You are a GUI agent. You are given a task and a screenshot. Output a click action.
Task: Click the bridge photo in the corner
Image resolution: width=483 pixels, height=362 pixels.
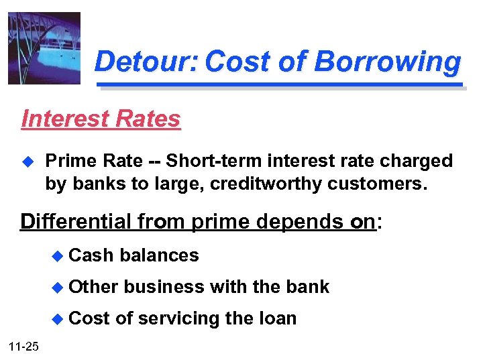point(44,48)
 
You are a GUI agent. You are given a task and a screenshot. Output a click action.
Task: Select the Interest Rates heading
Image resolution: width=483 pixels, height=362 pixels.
point(101,119)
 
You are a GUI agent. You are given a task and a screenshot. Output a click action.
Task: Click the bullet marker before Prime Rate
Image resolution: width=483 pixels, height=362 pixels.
point(28,162)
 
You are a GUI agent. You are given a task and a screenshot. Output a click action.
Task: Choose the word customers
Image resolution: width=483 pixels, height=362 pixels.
point(377,183)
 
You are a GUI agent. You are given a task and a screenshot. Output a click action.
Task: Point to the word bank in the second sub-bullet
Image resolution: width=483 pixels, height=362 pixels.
point(308,287)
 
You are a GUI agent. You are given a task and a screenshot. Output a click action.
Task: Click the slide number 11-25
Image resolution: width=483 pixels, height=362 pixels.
point(24,347)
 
